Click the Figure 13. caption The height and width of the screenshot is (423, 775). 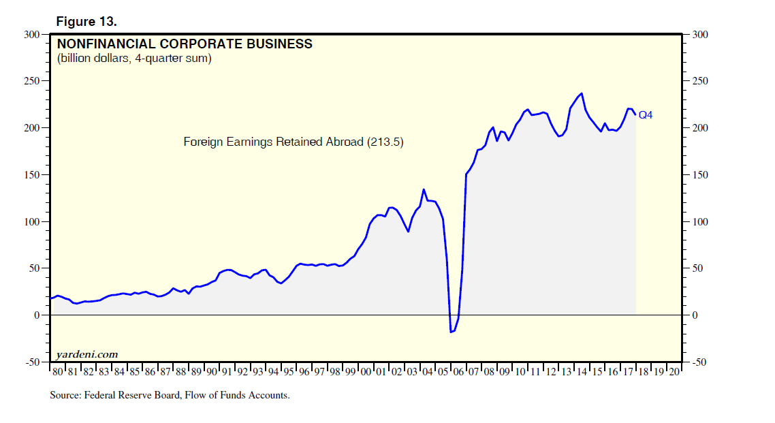point(86,21)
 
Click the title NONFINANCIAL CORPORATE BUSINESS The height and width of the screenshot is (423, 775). point(184,44)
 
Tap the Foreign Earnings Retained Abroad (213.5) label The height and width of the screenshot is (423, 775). point(294,142)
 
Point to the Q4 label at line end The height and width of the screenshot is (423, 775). point(645,116)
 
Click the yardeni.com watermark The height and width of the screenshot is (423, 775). point(87,354)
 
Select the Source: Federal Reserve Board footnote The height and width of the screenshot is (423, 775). point(170,395)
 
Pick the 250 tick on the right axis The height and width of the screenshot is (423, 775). point(700,81)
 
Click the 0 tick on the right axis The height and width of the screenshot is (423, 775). point(695,315)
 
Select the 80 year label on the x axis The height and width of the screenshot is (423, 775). point(59,372)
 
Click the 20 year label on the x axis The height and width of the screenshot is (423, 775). point(674,372)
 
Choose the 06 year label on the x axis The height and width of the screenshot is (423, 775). point(458,372)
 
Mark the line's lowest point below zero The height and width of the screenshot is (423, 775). point(451,332)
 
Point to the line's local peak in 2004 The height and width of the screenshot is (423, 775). point(424,189)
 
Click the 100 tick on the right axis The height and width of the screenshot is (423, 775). point(700,222)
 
